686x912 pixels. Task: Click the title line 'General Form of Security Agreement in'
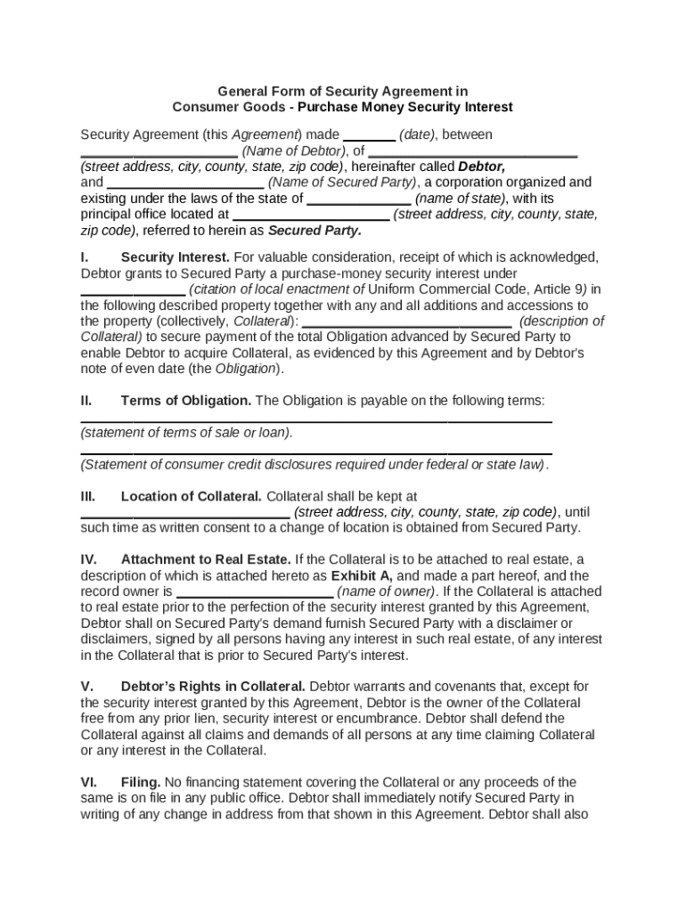pos(343,91)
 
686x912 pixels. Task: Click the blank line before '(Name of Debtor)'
pos(159,154)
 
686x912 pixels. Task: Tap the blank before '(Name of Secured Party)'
pos(185,186)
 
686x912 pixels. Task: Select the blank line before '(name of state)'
pos(359,202)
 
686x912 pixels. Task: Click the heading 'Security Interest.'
pos(175,256)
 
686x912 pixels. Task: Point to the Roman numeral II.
pos(86,401)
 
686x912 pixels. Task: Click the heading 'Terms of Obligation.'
pos(186,401)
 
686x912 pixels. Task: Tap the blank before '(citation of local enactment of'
pos(133,293)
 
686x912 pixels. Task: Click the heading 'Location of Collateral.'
pos(192,496)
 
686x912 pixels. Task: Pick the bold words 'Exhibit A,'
pos(363,575)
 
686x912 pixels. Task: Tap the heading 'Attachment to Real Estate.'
pos(206,559)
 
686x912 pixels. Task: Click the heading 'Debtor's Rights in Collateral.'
pos(214,686)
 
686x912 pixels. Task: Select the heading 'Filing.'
pos(141,782)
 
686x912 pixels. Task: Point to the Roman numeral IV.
pos(88,559)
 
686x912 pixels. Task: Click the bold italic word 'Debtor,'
pos(481,167)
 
